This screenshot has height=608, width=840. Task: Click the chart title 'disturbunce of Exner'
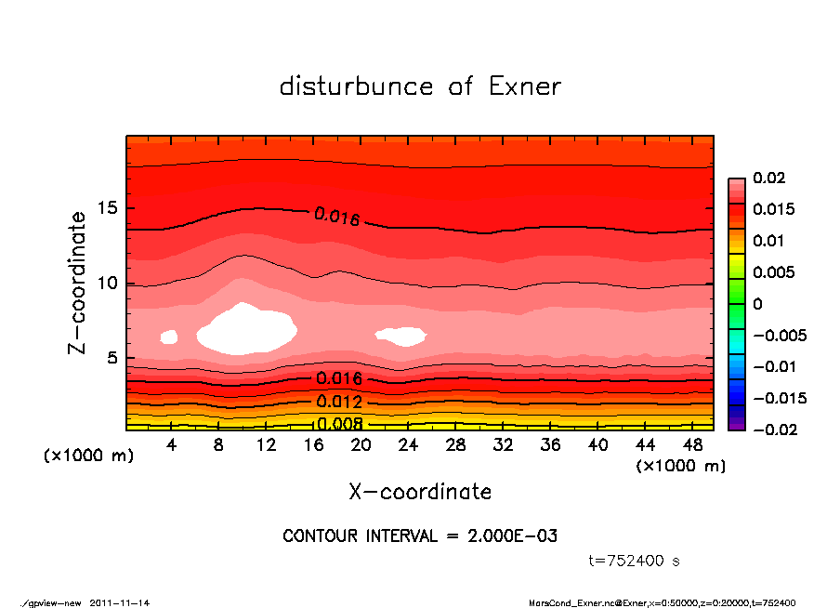click(x=420, y=86)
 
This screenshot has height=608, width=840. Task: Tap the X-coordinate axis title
click(x=420, y=492)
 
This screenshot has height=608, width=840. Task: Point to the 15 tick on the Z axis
click(x=109, y=208)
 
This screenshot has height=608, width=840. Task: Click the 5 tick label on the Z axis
click(x=113, y=358)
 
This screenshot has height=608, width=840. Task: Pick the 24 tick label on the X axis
click(x=409, y=445)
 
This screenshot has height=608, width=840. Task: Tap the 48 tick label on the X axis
click(x=693, y=445)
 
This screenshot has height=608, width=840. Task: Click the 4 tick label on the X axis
click(x=172, y=445)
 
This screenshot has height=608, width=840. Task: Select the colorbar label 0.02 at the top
click(x=768, y=178)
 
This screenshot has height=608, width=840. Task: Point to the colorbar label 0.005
click(x=773, y=272)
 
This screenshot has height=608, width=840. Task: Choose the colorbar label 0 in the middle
click(x=757, y=304)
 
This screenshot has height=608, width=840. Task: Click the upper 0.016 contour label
click(x=336, y=217)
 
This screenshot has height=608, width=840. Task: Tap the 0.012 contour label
click(x=339, y=402)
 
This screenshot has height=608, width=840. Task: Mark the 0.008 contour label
click(x=339, y=424)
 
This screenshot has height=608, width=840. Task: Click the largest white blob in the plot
click(x=246, y=328)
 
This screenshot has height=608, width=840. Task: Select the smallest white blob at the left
click(x=169, y=337)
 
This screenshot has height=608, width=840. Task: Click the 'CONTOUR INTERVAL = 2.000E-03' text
click(x=420, y=536)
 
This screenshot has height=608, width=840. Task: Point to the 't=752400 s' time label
click(x=635, y=561)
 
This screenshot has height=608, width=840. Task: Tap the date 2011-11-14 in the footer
click(x=120, y=602)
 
